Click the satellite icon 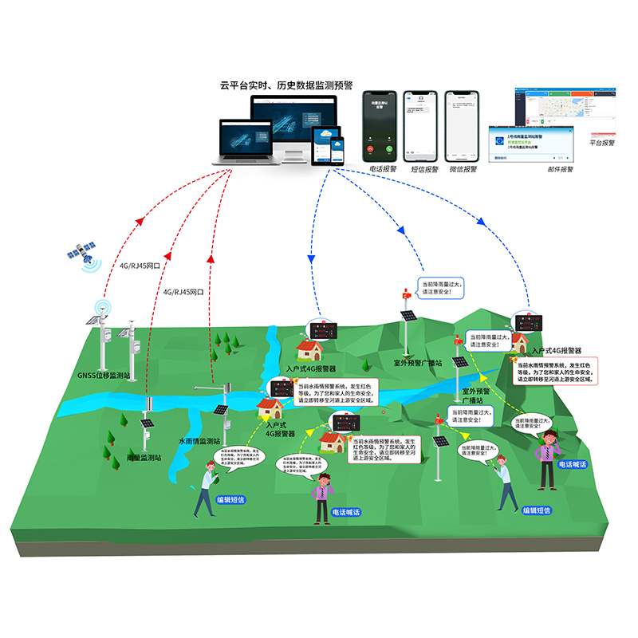tap(83, 254)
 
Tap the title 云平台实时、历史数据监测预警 tap(286, 85)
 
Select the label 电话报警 tap(378, 169)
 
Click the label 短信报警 tap(420, 169)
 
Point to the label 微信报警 tap(463, 169)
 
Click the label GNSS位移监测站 tap(102, 374)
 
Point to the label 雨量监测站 tap(144, 459)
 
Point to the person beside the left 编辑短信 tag tap(206, 488)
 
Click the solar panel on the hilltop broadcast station tap(409, 316)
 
